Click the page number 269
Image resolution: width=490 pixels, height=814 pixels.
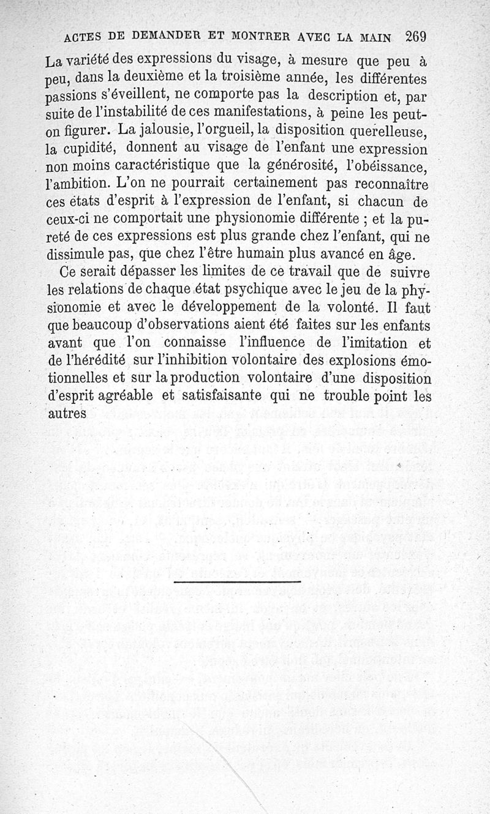[415, 36]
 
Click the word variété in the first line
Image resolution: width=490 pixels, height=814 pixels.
[94, 62]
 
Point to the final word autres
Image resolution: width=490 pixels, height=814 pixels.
[66, 414]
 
